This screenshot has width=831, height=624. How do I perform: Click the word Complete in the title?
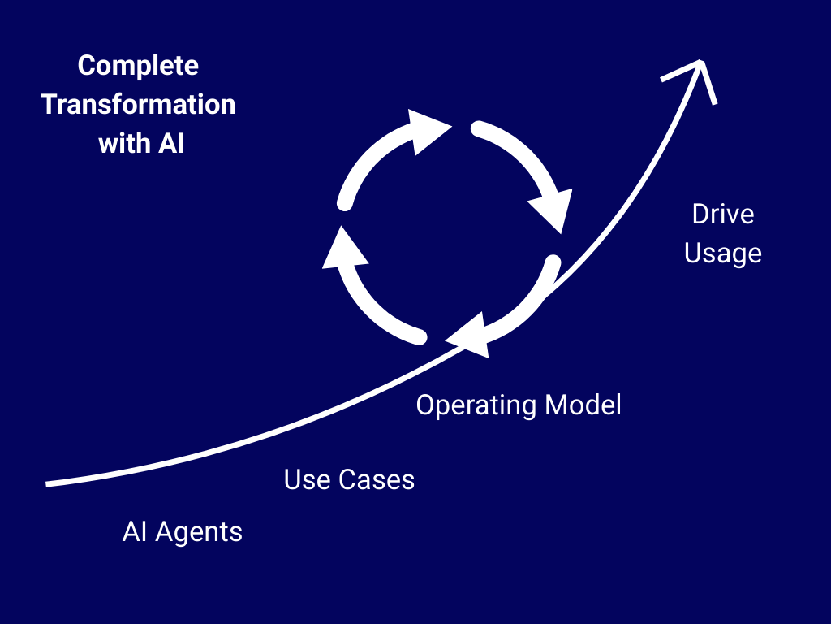pos(138,67)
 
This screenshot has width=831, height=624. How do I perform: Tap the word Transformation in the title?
pos(138,104)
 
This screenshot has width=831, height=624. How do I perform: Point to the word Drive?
pos(723,214)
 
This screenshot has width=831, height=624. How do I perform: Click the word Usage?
pos(723,253)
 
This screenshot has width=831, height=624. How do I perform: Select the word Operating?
pos(476,406)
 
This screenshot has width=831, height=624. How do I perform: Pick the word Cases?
pos(377,479)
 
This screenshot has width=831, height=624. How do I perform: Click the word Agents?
pos(199,532)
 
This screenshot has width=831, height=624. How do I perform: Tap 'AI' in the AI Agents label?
pos(135,531)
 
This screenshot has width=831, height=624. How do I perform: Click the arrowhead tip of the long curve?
pos(700,62)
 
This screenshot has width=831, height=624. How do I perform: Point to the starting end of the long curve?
pos(46,484)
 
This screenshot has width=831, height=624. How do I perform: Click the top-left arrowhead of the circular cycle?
pos(428,132)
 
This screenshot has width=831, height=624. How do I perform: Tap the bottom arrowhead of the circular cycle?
pos(468,336)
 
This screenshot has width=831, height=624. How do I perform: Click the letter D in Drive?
pos(700,214)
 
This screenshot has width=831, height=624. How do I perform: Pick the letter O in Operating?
pos(426,405)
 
